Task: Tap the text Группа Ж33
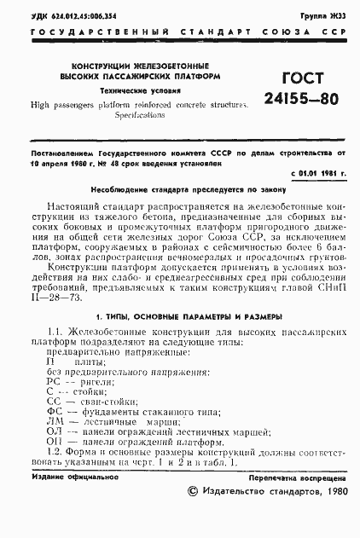point(327,15)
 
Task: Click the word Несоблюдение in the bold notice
point(127,190)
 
